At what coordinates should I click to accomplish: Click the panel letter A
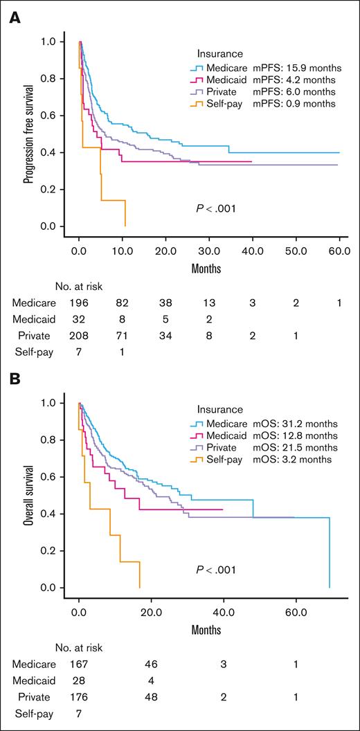pos(13,14)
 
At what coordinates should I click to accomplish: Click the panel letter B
pos(13,380)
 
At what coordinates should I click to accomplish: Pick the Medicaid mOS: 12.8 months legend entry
pos(265,435)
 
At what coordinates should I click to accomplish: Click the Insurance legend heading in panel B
pos(219,410)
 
